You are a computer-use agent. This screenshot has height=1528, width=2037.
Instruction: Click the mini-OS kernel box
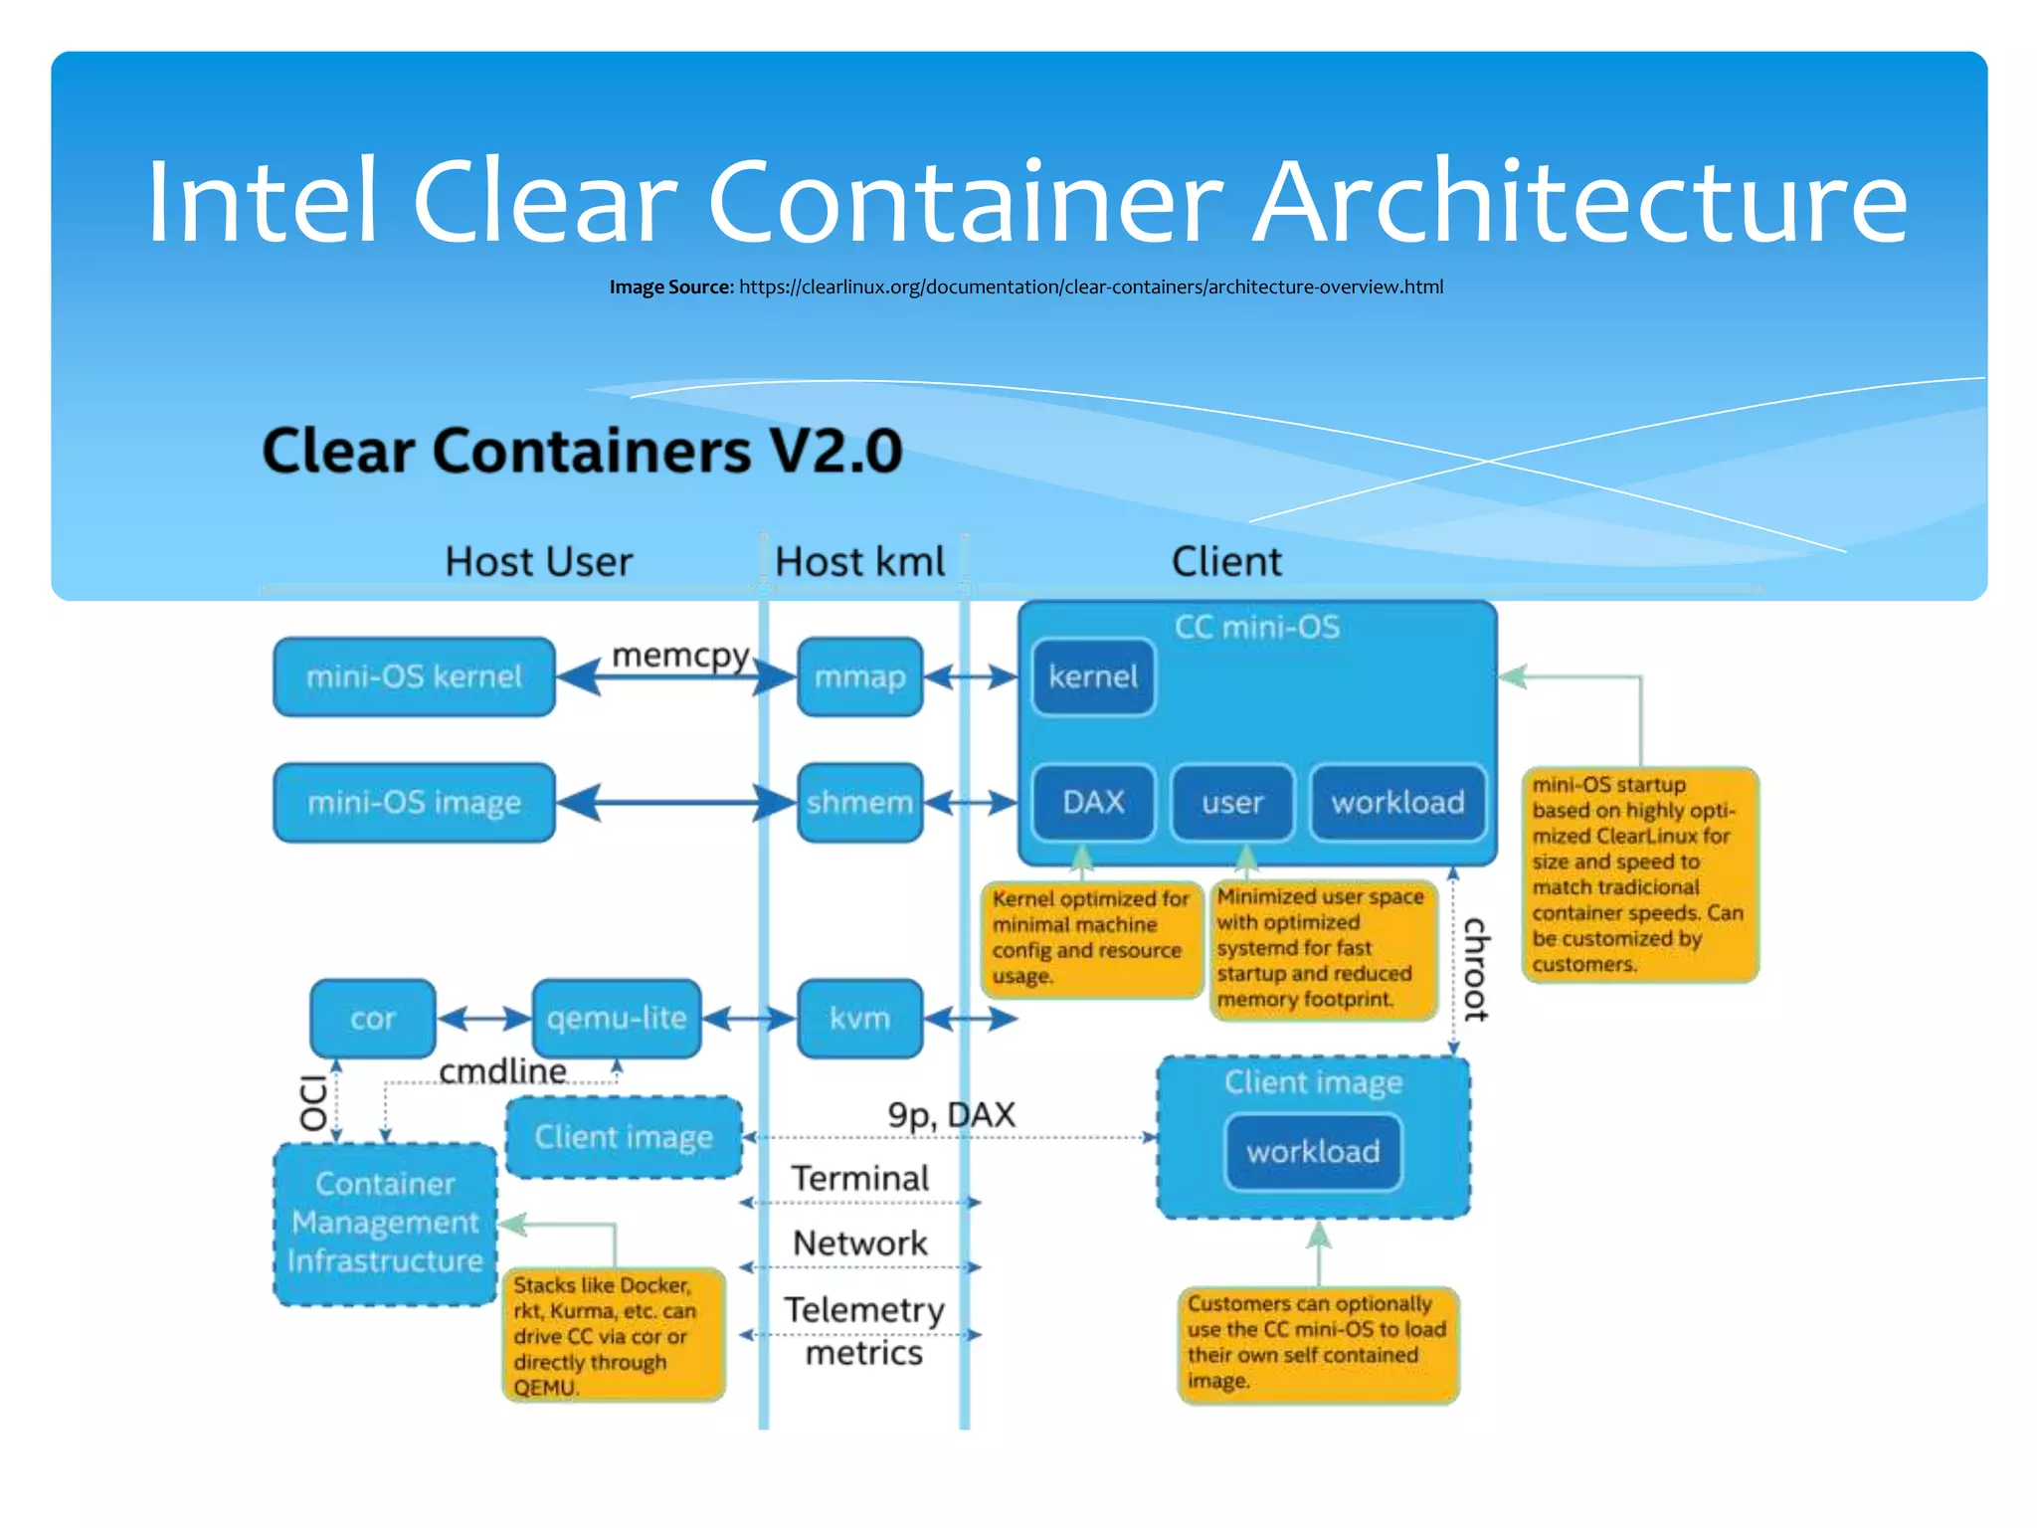click(414, 677)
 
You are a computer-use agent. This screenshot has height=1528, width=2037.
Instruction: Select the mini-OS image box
click(414, 803)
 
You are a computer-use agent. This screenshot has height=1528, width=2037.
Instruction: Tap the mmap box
click(860, 677)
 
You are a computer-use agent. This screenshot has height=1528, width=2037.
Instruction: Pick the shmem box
click(860, 803)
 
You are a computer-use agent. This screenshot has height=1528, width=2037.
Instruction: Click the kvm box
click(860, 1019)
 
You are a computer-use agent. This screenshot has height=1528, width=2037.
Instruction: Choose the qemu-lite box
click(617, 1019)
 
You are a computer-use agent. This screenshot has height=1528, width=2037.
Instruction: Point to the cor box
click(373, 1019)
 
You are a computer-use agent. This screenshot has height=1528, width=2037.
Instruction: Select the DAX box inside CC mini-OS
click(1093, 803)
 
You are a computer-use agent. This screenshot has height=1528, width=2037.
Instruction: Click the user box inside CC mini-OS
click(1232, 803)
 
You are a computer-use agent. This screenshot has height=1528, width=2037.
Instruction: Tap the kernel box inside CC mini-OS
click(1093, 677)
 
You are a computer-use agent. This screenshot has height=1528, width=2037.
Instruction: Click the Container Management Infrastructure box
click(385, 1224)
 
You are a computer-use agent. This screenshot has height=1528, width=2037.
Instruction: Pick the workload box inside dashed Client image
click(1313, 1152)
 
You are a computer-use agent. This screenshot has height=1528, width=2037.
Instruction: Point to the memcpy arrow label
click(680, 656)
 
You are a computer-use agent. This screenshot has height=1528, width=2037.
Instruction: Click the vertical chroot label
click(1476, 969)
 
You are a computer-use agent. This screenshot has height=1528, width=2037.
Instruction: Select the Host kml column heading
click(859, 562)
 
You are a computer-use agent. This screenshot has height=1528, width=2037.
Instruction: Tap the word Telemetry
click(863, 1310)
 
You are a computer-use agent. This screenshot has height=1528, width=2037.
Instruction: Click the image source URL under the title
click(1090, 287)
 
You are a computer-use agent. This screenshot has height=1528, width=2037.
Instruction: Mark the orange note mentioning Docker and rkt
click(614, 1335)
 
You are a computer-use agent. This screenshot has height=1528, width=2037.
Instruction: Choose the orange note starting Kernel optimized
click(1091, 938)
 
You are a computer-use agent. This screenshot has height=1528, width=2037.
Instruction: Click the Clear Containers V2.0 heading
click(582, 451)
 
